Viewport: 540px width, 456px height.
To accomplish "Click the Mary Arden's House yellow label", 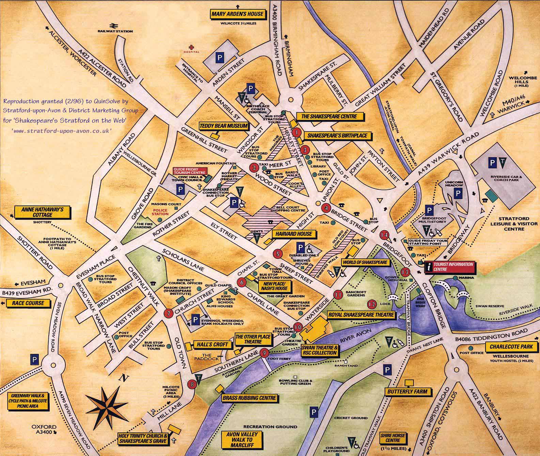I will click(x=237, y=14).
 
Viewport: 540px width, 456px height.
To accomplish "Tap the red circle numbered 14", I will click(x=385, y=235).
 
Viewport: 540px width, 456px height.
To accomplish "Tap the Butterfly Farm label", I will click(x=407, y=392).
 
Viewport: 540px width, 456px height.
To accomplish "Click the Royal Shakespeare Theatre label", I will click(x=361, y=315).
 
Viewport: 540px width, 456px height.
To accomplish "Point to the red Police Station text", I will click(x=161, y=212).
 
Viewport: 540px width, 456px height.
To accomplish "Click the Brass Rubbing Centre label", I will click(x=249, y=398).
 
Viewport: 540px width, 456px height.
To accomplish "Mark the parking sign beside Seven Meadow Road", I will click(x=34, y=359).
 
